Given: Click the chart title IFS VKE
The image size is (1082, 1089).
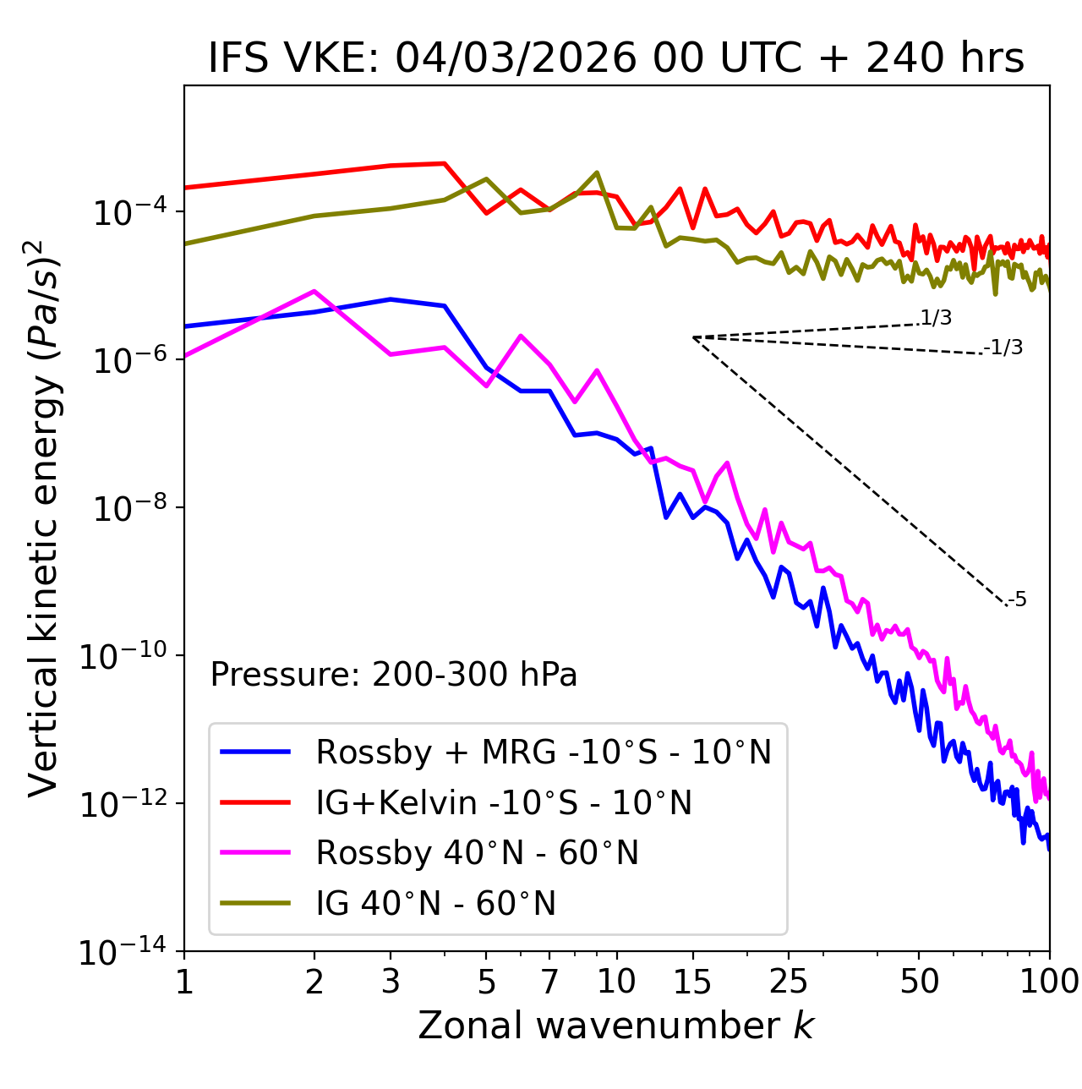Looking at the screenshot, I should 615,59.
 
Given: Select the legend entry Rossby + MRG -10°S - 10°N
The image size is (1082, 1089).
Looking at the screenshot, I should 543,752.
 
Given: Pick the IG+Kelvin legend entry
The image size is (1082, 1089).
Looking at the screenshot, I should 504,802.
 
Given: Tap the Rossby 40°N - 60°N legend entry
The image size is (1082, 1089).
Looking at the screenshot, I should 477,853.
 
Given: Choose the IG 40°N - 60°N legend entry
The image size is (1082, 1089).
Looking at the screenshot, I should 435,904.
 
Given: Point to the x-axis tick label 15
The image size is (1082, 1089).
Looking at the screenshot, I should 692,982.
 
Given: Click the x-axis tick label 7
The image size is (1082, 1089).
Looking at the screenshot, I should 549,982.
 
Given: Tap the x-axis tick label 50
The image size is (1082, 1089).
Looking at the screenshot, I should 919,982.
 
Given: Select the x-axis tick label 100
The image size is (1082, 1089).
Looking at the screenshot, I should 1049,982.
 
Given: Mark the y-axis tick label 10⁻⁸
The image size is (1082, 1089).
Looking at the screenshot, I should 127,509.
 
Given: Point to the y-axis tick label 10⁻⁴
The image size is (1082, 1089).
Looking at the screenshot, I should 127,213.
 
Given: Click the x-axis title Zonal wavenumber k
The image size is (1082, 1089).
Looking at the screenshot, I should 615,1026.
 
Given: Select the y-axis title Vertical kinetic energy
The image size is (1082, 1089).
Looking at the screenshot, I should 45,517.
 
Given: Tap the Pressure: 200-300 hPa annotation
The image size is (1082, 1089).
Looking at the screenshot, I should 393,675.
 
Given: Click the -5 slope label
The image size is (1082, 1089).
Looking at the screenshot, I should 1018,599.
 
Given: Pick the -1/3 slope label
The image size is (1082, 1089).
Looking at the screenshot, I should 1004,347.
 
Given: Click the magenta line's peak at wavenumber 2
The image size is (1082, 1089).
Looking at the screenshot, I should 314,291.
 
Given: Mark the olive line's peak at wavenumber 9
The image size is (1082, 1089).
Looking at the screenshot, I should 597,172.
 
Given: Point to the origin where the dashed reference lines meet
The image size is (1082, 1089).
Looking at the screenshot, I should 693,337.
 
